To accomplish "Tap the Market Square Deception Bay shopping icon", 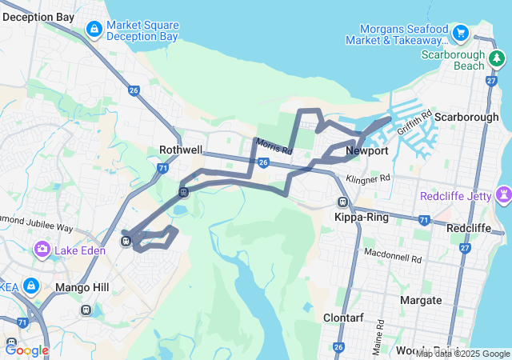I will coord(94,30).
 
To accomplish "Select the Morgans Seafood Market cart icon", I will coord(461,33).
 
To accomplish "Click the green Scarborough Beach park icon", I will coord(497,58).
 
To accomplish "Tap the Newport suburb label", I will coord(367,150).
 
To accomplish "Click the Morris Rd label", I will coord(274,146).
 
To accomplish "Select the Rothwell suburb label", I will coord(182,150).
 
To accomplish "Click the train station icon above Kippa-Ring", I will coord(343,202).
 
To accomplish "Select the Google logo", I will coord(26,350).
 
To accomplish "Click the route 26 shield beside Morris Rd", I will coord(262,162).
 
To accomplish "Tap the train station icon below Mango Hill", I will coord(86,310).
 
